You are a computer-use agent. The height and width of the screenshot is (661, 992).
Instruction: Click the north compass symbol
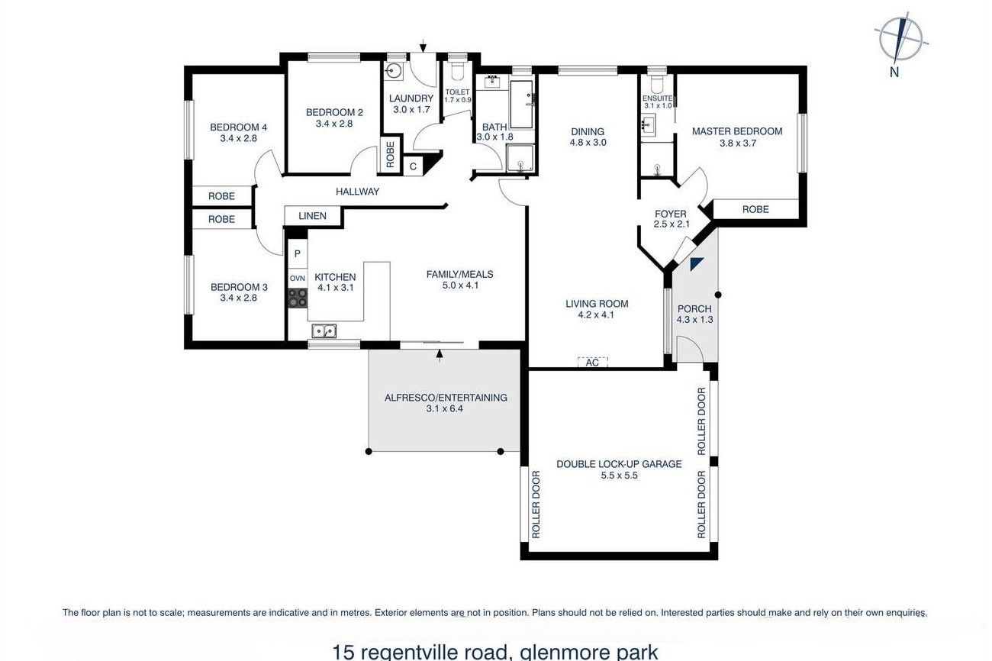(x=900, y=40)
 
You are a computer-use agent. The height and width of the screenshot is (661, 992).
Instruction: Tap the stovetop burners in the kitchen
(x=298, y=298)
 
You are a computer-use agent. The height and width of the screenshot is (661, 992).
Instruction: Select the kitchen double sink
(x=324, y=331)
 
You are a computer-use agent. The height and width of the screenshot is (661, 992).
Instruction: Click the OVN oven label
(x=298, y=279)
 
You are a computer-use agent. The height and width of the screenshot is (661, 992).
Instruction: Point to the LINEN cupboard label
(x=312, y=216)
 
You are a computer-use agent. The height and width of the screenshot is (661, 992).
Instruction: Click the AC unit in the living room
(x=592, y=362)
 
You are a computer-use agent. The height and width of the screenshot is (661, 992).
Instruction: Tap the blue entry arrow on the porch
(x=696, y=264)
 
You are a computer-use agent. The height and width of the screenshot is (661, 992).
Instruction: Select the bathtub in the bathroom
(x=521, y=105)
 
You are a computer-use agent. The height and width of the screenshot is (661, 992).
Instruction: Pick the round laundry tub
(x=393, y=70)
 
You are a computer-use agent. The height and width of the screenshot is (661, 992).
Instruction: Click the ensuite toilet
(x=657, y=84)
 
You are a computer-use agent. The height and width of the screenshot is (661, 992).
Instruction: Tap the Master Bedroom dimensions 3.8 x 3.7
(x=737, y=143)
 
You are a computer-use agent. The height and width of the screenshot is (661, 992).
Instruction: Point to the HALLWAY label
(x=357, y=192)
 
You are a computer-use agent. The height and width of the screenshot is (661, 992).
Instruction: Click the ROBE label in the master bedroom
(x=755, y=209)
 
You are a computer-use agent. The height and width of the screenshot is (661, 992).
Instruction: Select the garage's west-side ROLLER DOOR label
(x=536, y=505)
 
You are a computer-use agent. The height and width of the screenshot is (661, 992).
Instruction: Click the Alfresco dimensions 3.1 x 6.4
(x=445, y=408)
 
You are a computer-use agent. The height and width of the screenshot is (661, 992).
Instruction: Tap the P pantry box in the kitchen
(x=298, y=254)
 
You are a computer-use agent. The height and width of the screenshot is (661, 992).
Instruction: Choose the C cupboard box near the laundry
(x=413, y=166)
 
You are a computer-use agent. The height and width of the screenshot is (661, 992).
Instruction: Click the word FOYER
(x=671, y=214)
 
